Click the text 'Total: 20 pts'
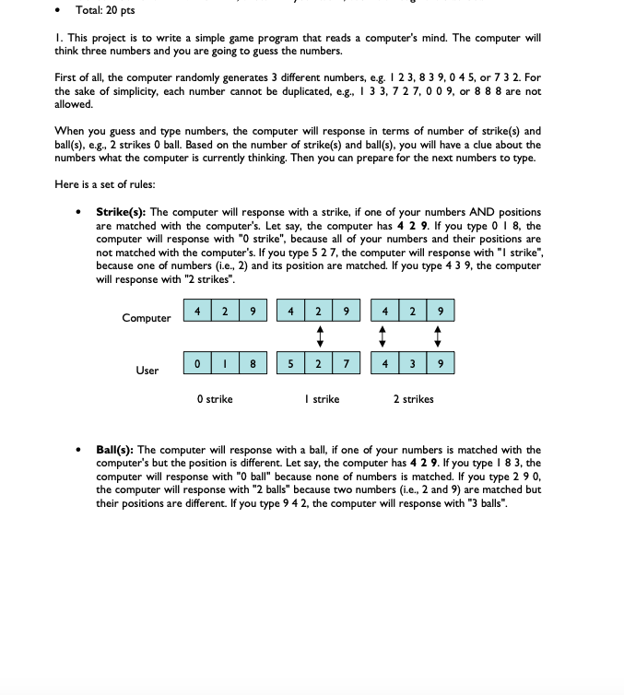[104, 10]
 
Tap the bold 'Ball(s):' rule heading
[116, 451]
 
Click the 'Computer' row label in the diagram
[147, 318]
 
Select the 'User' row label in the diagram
[147, 371]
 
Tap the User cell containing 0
[199, 363]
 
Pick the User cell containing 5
[292, 363]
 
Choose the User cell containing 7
[345, 363]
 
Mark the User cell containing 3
[412, 363]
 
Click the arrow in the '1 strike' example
[319, 336]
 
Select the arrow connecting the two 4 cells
[385, 336]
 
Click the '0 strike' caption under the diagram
[215, 399]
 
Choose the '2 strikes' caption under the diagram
[413, 399]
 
